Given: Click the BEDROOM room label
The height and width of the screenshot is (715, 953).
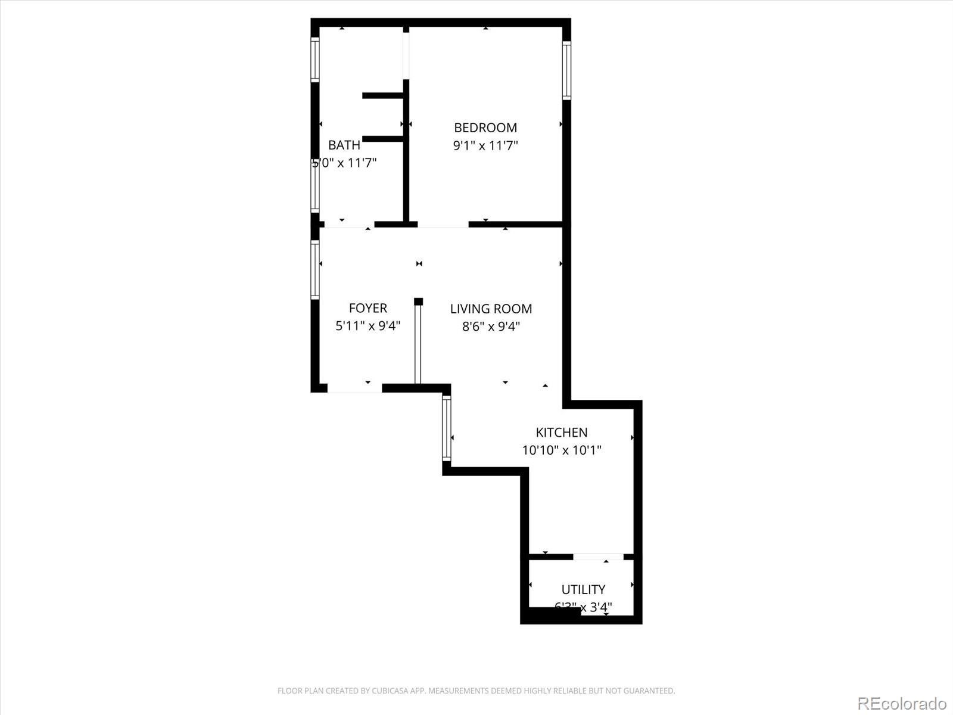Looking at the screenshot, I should click(485, 128).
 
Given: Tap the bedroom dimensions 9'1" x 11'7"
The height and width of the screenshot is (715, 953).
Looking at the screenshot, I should click(485, 145).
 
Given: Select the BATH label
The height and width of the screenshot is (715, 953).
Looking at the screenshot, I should click(344, 145).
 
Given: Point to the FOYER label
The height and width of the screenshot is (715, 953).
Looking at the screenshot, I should click(368, 308).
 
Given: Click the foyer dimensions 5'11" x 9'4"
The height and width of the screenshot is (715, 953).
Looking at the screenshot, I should click(368, 326).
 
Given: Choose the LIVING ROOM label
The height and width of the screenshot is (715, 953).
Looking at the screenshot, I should click(491, 309).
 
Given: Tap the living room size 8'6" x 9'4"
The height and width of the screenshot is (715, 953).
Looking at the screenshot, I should click(491, 327).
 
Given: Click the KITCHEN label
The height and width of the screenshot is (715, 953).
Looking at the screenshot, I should click(562, 433).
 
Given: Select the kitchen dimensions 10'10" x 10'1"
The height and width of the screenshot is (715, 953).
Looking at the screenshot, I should click(562, 450).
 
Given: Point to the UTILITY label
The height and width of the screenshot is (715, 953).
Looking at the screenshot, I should click(583, 589).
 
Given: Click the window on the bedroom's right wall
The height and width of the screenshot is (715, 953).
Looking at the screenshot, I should click(566, 70).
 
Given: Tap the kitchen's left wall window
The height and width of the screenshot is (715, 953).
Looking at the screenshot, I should click(446, 428).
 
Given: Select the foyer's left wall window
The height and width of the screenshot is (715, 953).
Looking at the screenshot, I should click(315, 269).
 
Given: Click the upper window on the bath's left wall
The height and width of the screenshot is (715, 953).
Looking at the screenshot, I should click(315, 59).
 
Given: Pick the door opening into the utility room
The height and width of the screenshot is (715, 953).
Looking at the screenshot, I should click(598, 557).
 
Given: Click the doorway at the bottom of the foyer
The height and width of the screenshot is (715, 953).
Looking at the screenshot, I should click(354, 388).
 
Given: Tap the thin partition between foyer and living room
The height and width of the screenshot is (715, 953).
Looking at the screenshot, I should click(418, 343).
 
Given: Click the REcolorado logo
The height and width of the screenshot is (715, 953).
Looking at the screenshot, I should click(902, 703).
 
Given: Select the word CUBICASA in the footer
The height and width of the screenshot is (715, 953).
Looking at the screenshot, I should click(390, 691).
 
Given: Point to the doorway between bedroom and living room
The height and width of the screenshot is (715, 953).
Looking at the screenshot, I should click(443, 225).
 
